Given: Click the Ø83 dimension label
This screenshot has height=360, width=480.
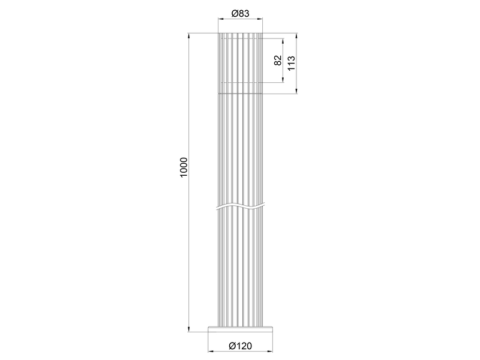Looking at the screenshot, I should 240,14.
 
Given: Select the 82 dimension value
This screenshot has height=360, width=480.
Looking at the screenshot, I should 278,61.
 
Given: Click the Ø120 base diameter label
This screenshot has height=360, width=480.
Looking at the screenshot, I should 240,346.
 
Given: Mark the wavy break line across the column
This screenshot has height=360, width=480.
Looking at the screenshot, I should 240,206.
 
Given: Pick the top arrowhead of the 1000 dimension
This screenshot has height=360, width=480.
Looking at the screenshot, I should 190,35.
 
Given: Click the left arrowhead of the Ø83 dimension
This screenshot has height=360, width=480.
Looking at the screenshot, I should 220,20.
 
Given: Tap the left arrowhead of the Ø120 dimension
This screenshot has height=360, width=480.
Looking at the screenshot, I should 210,352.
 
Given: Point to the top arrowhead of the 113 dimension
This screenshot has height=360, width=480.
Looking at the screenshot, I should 297,35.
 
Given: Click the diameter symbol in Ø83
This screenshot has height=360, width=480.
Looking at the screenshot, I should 233,14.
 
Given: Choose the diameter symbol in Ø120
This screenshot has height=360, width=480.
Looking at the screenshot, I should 231,346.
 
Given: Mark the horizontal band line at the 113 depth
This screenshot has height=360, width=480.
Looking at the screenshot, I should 240,94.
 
